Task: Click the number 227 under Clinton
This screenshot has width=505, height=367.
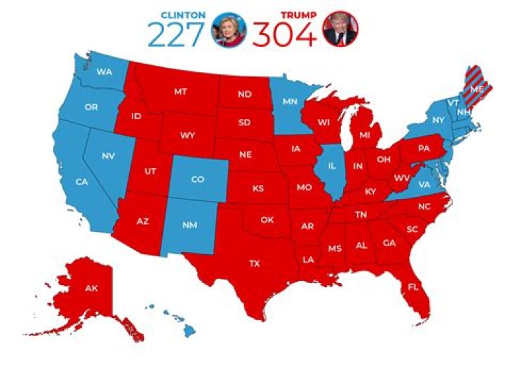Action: pyautogui.click(x=179, y=34)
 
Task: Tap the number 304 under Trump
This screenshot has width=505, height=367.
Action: pyautogui.click(x=284, y=34)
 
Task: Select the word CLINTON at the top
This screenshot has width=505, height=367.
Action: pyautogui.click(x=184, y=15)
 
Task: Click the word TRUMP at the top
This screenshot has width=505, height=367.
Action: pyautogui.click(x=297, y=15)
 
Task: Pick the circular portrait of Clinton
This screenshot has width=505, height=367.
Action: pyautogui.click(x=230, y=29)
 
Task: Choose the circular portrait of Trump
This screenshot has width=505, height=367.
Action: pyautogui.click(x=340, y=29)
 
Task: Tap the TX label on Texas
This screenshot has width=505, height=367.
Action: pyautogui.click(x=254, y=264)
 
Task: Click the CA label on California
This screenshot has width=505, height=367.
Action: pyautogui.click(x=82, y=182)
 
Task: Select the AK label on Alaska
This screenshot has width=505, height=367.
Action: pyautogui.click(x=91, y=289)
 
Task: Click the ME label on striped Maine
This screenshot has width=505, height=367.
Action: pyautogui.click(x=477, y=90)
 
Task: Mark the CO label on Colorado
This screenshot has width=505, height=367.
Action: pyautogui.click(x=198, y=179)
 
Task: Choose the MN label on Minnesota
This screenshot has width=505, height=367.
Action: pyautogui.click(x=290, y=102)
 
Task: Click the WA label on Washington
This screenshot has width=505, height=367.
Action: pyautogui.click(x=105, y=71)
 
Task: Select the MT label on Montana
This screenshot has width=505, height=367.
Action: pyautogui.click(x=180, y=92)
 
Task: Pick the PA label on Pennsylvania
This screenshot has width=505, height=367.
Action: pyautogui.click(x=424, y=148)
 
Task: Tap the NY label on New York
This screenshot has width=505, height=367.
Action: pyautogui.click(x=439, y=120)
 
